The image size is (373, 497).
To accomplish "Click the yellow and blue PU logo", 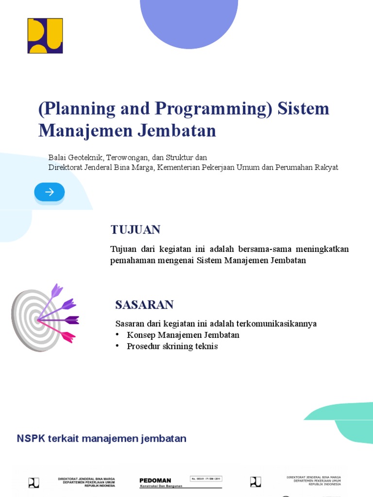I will (45, 35).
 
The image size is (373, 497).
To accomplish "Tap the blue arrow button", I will (49, 192).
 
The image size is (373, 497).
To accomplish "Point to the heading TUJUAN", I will (135, 230).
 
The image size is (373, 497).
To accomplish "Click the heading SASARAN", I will (144, 305).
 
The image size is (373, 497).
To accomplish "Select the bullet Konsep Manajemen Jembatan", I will (183, 335).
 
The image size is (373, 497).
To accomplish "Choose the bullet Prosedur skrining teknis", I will (172, 346).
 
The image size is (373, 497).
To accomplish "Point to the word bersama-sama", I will (262, 249).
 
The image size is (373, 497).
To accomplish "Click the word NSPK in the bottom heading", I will (31, 439).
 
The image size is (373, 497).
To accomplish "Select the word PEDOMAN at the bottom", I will (155, 480).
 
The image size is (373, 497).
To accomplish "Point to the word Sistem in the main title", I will (303, 109).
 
